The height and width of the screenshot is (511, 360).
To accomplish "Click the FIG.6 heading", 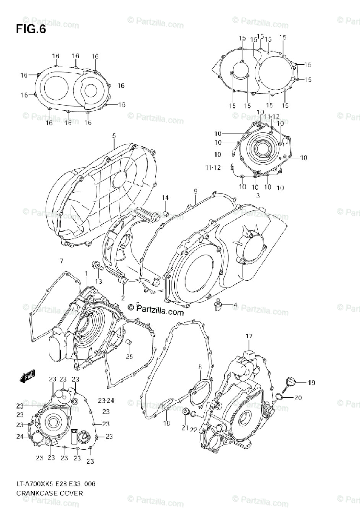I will tap(31, 30).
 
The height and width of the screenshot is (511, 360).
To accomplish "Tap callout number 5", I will tap(114, 136).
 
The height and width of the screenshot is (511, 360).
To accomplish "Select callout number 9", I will tap(195, 190).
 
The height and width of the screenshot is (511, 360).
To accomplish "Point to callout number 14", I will tap(165, 198).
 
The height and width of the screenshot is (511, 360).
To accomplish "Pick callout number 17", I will tap(249, 336).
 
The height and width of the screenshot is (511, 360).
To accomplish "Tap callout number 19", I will tap(311, 383).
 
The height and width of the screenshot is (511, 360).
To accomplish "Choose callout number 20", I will tap(298, 398).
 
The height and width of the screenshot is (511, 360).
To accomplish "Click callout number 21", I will tap(185, 427).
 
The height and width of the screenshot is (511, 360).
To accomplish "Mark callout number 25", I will tap(129, 356).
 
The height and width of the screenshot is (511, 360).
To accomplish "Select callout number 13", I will tap(98, 281).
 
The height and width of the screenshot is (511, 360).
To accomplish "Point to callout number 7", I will tap(61, 261).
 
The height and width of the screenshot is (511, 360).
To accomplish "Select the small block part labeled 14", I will tap(166, 212).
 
